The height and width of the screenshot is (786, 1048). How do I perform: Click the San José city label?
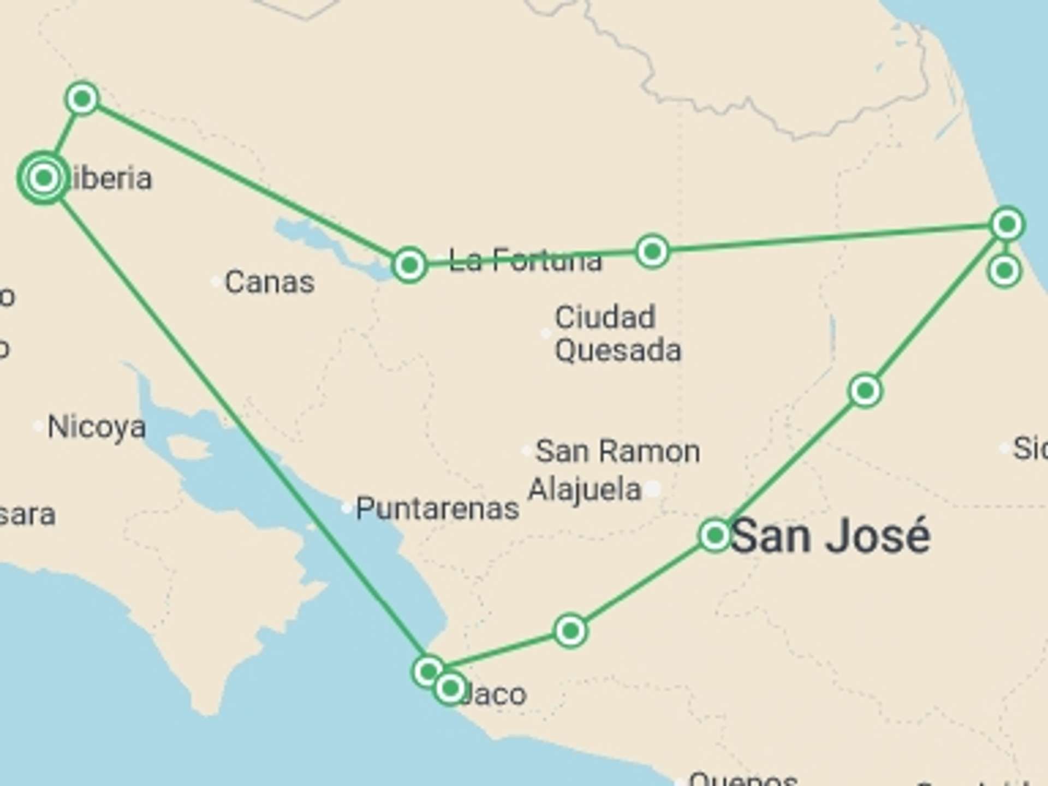(x=830, y=537)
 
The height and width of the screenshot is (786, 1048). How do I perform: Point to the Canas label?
(x=270, y=282)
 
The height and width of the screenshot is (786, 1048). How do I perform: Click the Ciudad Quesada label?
(x=617, y=334)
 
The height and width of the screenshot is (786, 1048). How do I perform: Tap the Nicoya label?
(x=97, y=427)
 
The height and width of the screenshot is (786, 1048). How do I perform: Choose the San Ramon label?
(x=617, y=451)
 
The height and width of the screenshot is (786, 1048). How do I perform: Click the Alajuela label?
(x=585, y=489)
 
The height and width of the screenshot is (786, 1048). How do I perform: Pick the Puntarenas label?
(x=437, y=509)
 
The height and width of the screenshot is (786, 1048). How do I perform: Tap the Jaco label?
(x=494, y=694)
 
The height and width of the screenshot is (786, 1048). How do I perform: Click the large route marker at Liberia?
(x=44, y=178)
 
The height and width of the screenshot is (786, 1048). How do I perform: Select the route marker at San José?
(x=715, y=535)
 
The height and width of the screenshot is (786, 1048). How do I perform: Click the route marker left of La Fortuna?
(x=409, y=265)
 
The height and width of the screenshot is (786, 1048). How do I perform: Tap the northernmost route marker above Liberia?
(x=82, y=99)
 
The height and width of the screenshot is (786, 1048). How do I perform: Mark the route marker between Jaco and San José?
(x=570, y=631)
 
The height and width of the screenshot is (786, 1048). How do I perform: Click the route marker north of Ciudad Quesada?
(x=652, y=252)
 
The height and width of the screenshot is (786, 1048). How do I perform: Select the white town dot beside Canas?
(x=216, y=282)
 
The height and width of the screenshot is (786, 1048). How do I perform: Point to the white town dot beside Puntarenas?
(x=346, y=508)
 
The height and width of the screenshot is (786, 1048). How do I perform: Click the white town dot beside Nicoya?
(x=38, y=426)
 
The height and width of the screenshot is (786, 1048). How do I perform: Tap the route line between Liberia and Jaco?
(x=235, y=415)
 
